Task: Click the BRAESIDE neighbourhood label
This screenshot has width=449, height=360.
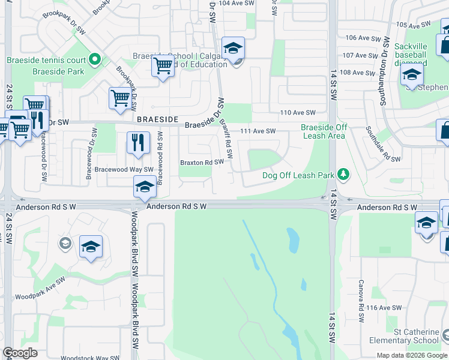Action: pos(158,119)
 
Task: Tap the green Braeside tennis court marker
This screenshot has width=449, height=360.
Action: pos(94,59)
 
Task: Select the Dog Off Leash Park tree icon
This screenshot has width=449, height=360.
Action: pos(343,175)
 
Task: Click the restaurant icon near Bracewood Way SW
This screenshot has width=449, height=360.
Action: pos(138,142)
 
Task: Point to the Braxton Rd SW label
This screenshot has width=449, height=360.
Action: pos(202,162)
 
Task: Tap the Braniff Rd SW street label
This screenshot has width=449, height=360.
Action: pos(226,138)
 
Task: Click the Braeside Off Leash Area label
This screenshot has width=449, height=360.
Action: pos(324,131)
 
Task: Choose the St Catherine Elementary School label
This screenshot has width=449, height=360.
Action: pos(412,336)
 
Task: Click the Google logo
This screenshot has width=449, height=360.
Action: pos(20,353)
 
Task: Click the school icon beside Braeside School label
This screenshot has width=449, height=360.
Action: pos(233,48)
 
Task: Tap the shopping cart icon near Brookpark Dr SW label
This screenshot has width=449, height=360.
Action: pos(120,98)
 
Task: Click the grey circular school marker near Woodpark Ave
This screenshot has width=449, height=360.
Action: pos(65,244)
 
